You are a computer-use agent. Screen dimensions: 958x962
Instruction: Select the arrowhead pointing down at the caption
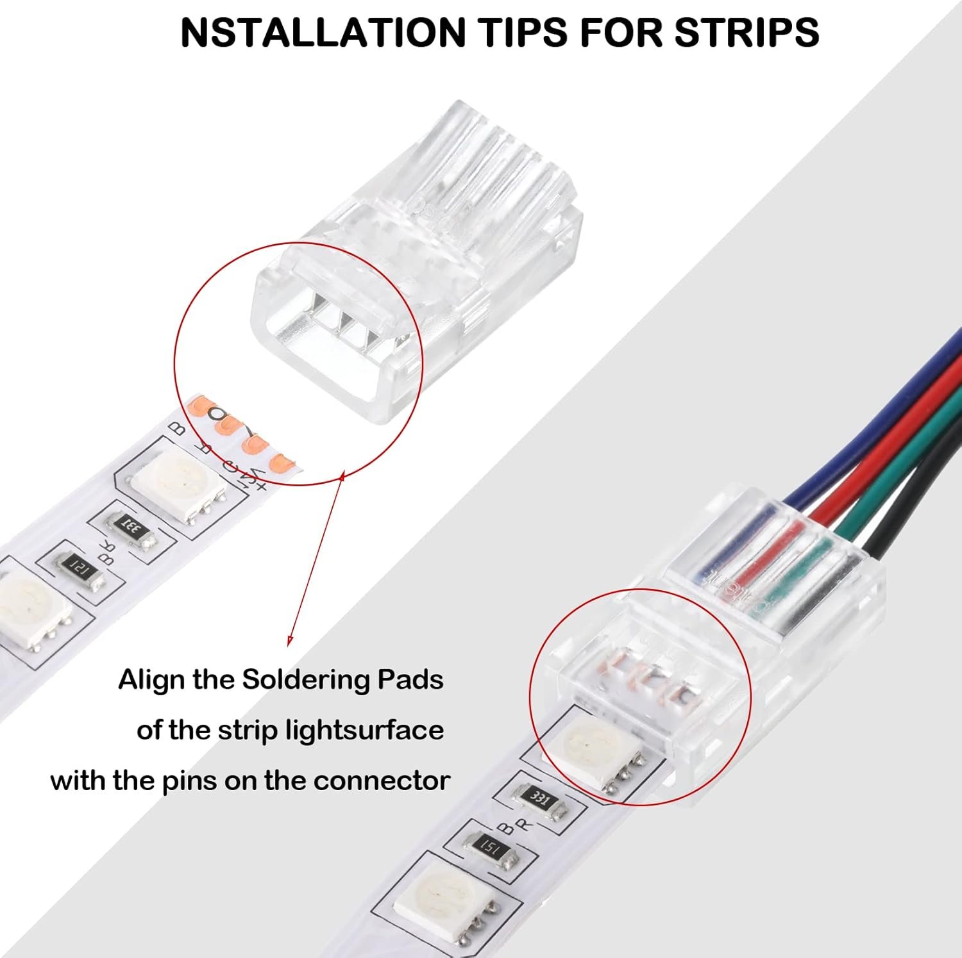click(290, 640)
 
